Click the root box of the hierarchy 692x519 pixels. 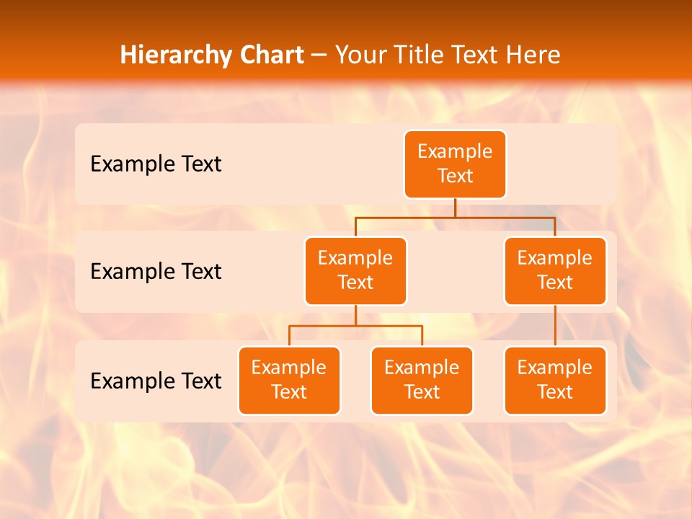pos(455,164)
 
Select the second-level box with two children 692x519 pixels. pos(355,271)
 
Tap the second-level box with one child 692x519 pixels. pos(555,271)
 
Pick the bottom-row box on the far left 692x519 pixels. pos(289,381)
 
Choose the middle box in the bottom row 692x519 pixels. pos(422,381)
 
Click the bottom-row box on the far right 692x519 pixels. pos(555,381)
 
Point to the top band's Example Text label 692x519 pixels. pos(156,164)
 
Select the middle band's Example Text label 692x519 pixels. pos(156,272)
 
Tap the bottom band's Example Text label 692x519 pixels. pos(156,381)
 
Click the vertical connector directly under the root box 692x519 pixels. pos(455,208)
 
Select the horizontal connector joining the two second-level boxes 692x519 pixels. pos(455,217)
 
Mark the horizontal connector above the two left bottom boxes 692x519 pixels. pos(355,326)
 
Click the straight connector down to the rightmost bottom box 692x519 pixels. pos(555,326)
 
